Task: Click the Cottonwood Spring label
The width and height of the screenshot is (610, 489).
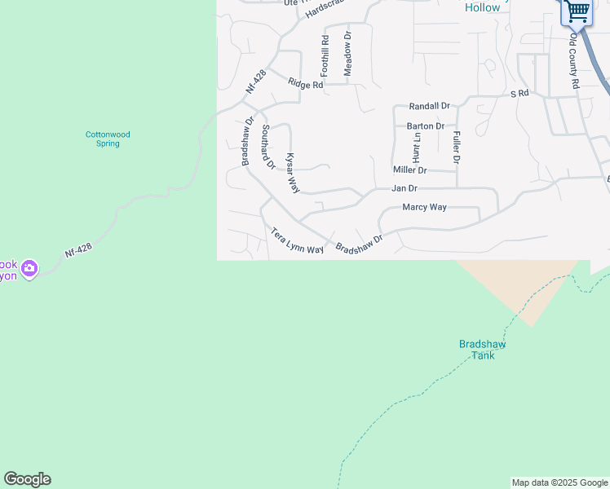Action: [108, 139]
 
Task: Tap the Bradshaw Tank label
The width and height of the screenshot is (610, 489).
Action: [482, 349]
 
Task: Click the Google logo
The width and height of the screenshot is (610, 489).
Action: [27, 479]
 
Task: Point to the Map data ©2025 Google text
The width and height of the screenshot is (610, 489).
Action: [559, 482]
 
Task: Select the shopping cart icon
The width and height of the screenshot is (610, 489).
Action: [577, 11]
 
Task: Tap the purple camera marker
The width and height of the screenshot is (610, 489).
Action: [29, 267]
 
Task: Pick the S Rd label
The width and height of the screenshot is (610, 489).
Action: [519, 94]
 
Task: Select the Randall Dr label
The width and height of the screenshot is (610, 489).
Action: [430, 106]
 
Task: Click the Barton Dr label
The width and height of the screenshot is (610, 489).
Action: [425, 126]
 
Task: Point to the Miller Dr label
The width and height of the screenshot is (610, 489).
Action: [410, 170]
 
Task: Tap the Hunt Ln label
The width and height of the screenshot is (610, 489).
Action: [417, 148]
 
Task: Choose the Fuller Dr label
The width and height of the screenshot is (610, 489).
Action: [457, 148]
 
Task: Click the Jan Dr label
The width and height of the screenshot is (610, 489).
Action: [405, 188]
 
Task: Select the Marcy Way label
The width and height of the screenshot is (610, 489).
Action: [425, 207]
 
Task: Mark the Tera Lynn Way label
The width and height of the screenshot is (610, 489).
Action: [298, 241]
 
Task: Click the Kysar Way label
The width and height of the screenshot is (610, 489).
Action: [291, 173]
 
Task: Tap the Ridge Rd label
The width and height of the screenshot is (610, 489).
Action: [306, 84]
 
